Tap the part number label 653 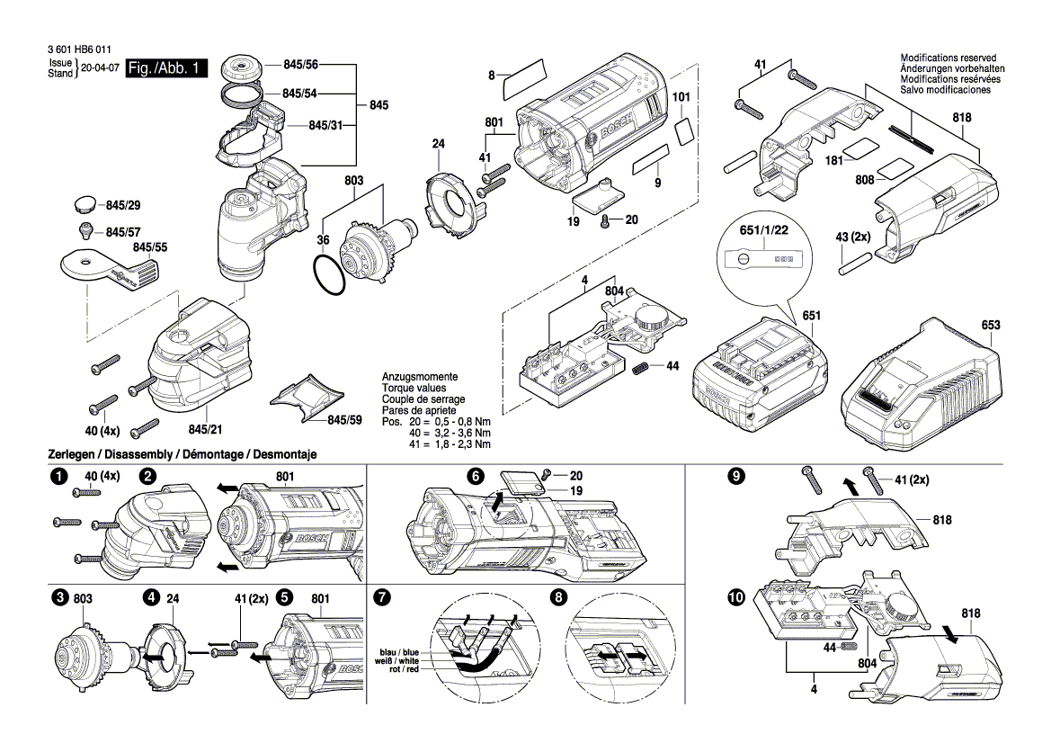pos(990,325)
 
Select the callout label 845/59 pos(344,420)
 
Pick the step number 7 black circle pos(381,597)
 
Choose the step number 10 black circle pos(737,597)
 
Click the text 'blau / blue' pos(399,651)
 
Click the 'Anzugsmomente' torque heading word pos(420,377)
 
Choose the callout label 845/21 pos(206,431)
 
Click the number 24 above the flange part pos(438,144)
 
